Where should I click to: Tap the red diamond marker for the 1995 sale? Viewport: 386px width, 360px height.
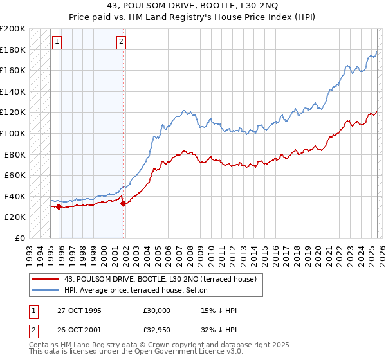pyautogui.click(x=59, y=206)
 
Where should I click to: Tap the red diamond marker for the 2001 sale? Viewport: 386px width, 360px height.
pyautogui.click(x=123, y=204)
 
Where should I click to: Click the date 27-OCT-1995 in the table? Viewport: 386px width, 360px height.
pyautogui.click(x=80, y=310)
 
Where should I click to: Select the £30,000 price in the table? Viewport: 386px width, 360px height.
pyautogui.click(x=157, y=310)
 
